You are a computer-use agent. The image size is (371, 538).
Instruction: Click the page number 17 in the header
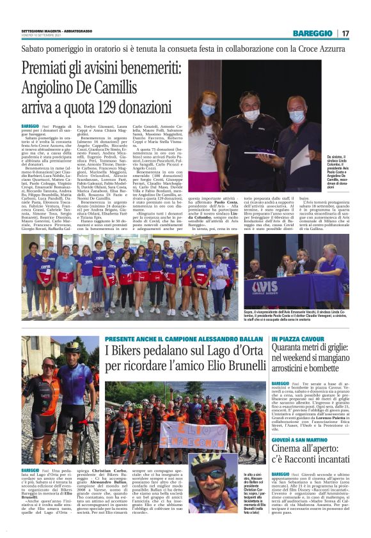point(345,33)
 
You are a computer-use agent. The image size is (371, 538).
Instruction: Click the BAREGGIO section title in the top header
point(313,33)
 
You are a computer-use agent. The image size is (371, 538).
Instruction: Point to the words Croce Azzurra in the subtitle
point(317,48)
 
